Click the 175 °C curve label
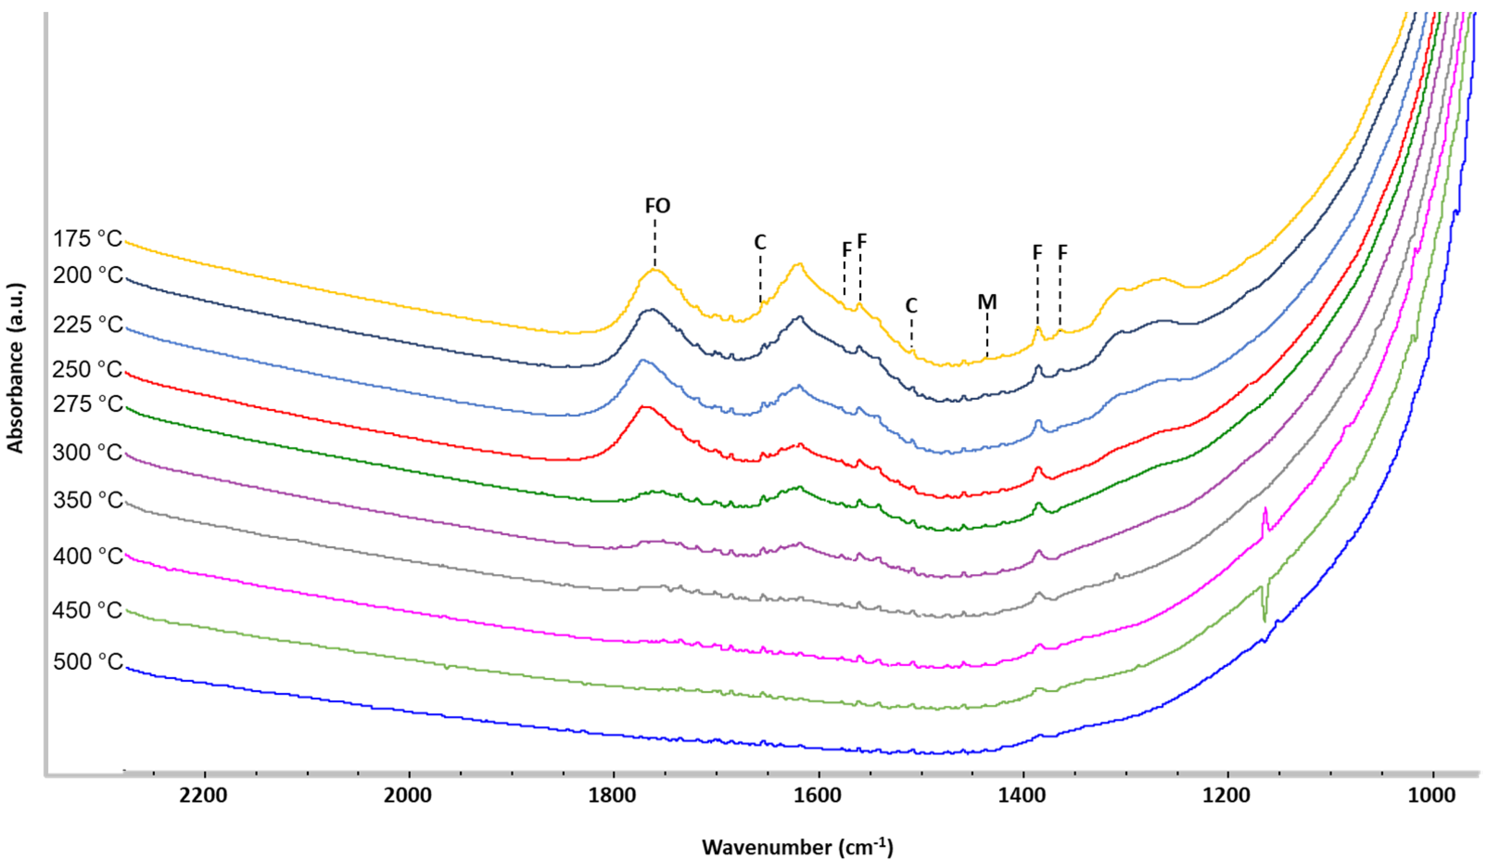[x=88, y=239]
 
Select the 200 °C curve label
[x=88, y=275]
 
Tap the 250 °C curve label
[x=87, y=370]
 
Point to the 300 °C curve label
[x=87, y=453]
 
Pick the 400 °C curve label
[x=88, y=556]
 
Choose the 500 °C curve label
[x=88, y=661]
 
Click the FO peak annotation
[x=657, y=206]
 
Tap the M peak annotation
[x=987, y=302]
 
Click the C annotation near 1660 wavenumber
[x=760, y=242]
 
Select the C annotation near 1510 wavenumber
[x=911, y=306]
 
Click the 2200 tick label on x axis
[x=203, y=796]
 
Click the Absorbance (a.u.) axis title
[x=15, y=368]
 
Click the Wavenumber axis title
[x=797, y=847]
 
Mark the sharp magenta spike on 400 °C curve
[x=1265, y=510]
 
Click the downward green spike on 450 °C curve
[x=1265, y=620]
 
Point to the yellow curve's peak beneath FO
[x=654, y=270]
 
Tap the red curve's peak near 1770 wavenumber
[x=646, y=407]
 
